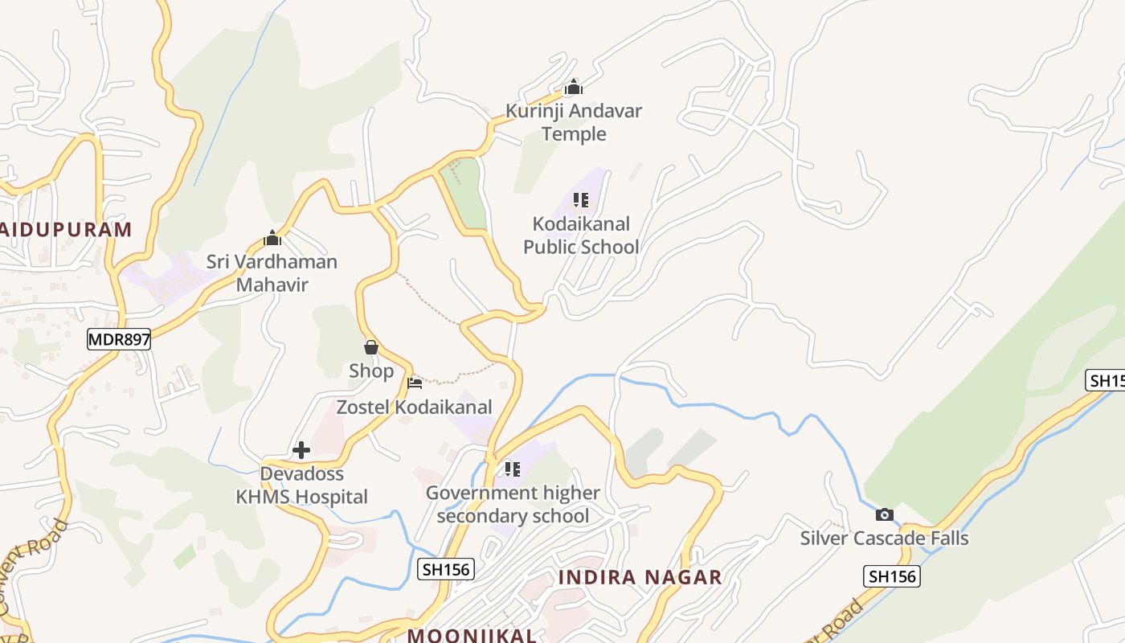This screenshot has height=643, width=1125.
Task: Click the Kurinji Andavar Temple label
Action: pyautogui.click(x=574, y=122)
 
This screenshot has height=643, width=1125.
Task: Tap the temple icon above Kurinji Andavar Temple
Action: pyautogui.click(x=574, y=87)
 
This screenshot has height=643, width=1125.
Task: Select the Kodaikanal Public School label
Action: pyautogui.click(x=581, y=235)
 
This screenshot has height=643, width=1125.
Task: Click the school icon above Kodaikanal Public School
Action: pyautogui.click(x=581, y=200)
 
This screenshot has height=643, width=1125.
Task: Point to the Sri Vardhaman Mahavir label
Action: pyautogui.click(x=272, y=272)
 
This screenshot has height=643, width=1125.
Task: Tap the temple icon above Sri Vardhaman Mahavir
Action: pyautogui.click(x=272, y=238)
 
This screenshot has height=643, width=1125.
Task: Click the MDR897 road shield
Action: pyautogui.click(x=119, y=339)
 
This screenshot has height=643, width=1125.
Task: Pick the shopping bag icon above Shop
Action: pyautogui.click(x=371, y=347)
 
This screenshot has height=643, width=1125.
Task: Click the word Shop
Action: pyautogui.click(x=371, y=371)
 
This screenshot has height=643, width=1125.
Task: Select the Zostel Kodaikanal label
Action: pyautogui.click(x=414, y=408)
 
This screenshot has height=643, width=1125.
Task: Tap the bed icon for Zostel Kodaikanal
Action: pyautogui.click(x=415, y=383)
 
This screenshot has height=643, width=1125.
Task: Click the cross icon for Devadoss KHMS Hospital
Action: pyautogui.click(x=301, y=450)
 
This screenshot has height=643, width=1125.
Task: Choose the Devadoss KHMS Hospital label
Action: pyautogui.click(x=301, y=485)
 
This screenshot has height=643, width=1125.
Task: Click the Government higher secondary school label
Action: pyautogui.click(x=513, y=504)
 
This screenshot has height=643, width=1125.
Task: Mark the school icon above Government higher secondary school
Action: pyautogui.click(x=513, y=469)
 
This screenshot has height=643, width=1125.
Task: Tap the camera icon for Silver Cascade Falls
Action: pyautogui.click(x=885, y=514)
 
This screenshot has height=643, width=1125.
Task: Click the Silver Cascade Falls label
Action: pyautogui.click(x=884, y=539)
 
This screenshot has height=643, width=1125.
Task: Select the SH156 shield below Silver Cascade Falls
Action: pyautogui.click(x=892, y=576)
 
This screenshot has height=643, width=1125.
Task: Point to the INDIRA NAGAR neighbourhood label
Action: pyautogui.click(x=640, y=577)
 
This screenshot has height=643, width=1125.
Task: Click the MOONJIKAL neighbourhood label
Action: pyautogui.click(x=472, y=635)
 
